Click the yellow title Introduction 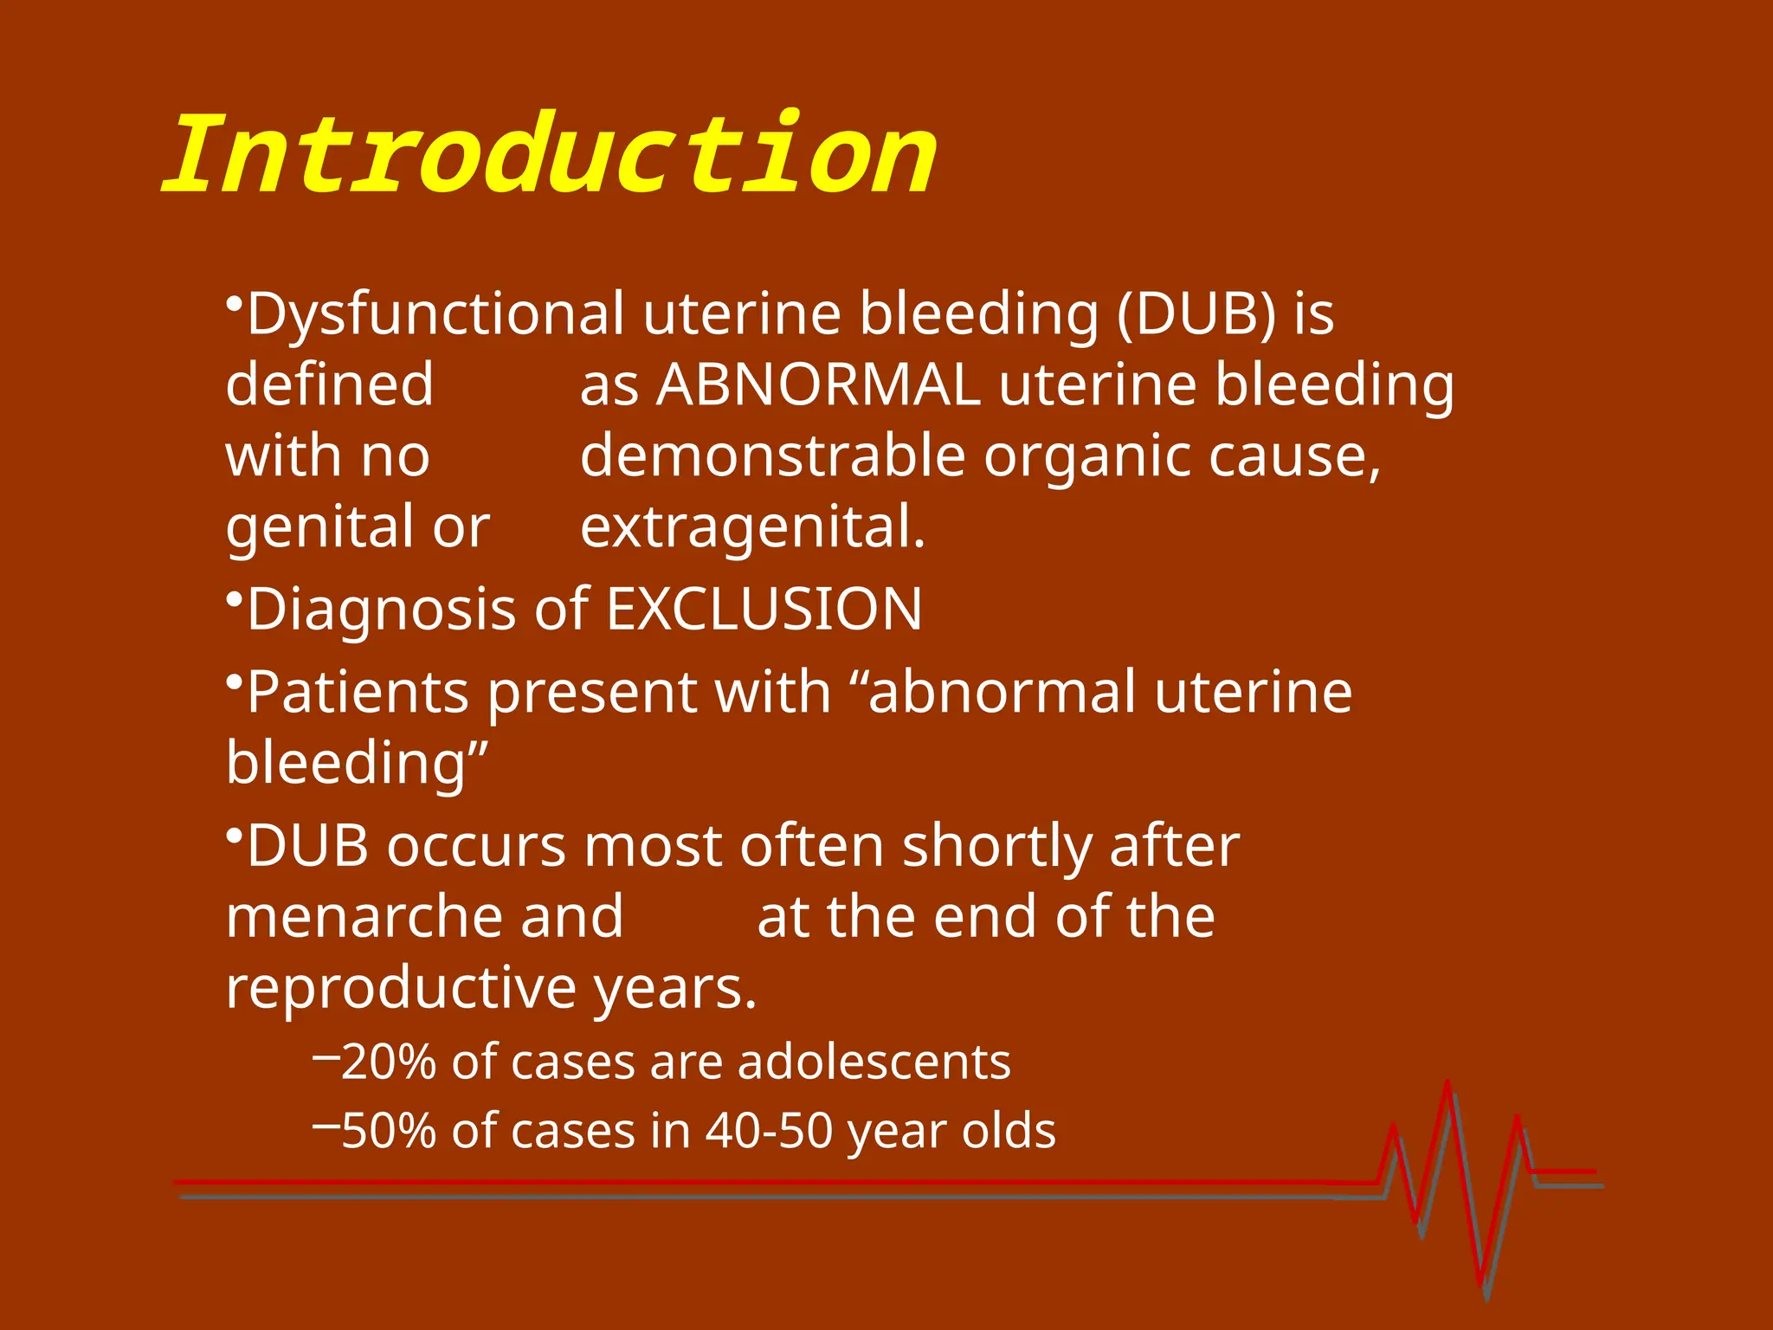[551, 156]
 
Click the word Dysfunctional [435, 313]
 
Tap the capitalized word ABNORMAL [818, 384]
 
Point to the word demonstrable [772, 455]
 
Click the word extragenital [752, 526]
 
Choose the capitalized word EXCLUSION [764, 609]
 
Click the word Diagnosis [382, 609]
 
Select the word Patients [358, 692]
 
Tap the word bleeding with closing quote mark [357, 763]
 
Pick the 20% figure [389, 1062]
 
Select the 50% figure [389, 1131]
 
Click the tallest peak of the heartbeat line [1447, 1084]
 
